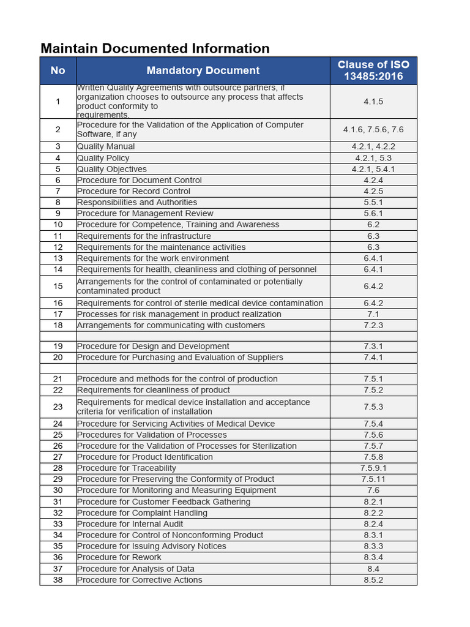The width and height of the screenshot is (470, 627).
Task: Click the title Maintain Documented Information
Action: (155, 48)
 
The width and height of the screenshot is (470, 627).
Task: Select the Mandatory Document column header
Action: (203, 70)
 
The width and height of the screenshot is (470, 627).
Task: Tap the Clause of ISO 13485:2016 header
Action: (373, 70)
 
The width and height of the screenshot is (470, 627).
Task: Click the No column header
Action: (58, 70)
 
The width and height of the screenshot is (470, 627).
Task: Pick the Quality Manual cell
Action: (106, 146)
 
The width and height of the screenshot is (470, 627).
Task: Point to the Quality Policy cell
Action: (103, 158)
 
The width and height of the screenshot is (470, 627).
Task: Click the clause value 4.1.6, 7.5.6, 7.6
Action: (373, 130)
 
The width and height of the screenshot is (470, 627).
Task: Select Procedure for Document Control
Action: (139, 180)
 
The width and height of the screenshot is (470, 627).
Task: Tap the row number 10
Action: (58, 225)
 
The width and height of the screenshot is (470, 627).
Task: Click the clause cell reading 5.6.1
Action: (373, 214)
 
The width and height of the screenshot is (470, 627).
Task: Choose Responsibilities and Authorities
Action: (137, 202)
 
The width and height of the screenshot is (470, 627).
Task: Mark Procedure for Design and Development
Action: (153, 346)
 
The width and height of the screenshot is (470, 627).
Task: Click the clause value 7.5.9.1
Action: (373, 468)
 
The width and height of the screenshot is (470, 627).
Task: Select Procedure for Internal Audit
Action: (130, 524)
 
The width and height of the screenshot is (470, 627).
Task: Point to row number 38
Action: (58, 580)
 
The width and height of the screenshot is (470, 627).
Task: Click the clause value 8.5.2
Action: (373, 580)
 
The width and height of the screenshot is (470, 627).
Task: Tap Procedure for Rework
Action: (119, 557)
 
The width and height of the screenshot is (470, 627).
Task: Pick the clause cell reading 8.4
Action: (373, 568)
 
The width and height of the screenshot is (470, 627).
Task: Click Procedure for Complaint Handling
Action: (142, 512)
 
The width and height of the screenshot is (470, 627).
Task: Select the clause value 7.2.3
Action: (373, 325)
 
